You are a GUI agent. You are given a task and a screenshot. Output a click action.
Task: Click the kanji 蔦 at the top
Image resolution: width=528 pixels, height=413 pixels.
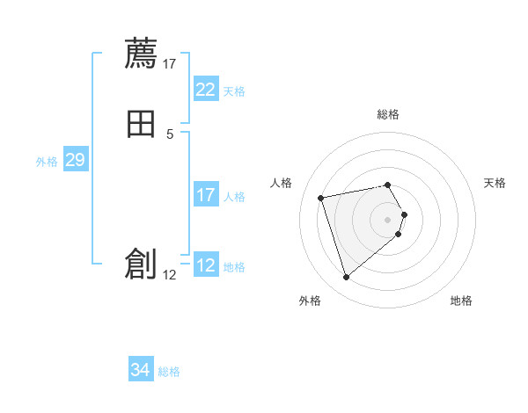141,54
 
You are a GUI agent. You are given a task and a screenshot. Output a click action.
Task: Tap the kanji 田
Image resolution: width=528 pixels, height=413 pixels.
141,125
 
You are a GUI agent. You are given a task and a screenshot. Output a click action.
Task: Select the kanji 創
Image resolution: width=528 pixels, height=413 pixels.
141,264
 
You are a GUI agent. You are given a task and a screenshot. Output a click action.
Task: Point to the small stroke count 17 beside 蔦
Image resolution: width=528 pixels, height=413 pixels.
170,63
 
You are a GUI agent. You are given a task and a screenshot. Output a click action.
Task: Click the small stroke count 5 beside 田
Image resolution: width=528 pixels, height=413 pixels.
170,134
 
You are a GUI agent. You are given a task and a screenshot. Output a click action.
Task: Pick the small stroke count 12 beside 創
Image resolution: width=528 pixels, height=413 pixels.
170,274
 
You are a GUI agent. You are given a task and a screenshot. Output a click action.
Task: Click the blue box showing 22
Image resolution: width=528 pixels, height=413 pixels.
205,90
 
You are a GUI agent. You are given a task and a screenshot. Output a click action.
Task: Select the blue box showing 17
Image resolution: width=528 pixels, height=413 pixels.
205,195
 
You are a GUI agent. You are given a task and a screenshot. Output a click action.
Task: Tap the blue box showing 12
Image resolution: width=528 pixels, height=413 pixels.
205,265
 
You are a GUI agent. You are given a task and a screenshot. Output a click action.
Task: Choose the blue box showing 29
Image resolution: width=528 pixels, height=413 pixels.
75,160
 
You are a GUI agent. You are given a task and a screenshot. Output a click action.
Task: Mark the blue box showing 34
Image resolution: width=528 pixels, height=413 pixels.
140,370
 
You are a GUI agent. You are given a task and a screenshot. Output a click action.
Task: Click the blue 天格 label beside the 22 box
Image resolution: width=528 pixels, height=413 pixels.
234,91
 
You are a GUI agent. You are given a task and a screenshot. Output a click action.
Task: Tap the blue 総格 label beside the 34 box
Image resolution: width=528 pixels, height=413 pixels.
169,372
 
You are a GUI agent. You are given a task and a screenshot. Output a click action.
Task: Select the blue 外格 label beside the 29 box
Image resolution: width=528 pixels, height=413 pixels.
47,162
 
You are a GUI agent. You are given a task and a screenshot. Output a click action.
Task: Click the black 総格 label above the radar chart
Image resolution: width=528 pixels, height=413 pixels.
388,114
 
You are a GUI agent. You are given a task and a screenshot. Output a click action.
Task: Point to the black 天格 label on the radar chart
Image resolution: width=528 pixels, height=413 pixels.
495,183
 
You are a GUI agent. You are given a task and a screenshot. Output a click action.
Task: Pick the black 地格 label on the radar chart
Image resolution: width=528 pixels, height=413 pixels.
461,301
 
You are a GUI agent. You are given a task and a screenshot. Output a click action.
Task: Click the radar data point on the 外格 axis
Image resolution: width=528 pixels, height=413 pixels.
347,278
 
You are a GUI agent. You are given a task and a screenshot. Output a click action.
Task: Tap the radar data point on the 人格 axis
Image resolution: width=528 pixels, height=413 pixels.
321,197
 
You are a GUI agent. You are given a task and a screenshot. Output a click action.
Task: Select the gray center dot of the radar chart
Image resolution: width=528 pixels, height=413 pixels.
388,219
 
